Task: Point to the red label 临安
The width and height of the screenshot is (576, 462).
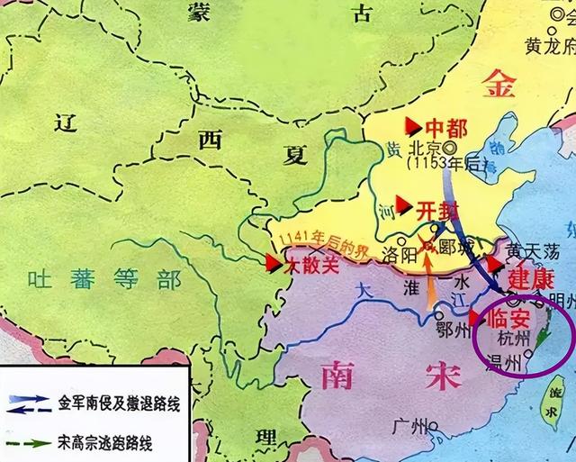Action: (x=509, y=317)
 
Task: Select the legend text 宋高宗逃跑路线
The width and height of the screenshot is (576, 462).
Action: (x=105, y=442)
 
